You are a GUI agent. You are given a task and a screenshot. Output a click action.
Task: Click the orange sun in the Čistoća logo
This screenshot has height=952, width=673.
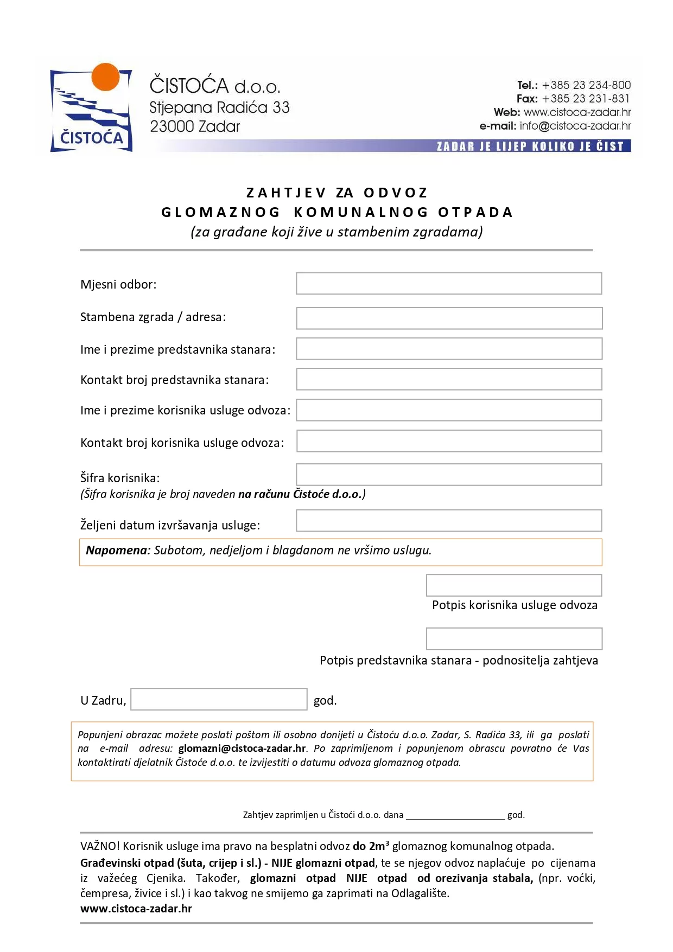tap(105, 76)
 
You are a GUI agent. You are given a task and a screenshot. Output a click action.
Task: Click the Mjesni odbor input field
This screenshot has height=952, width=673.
tap(449, 284)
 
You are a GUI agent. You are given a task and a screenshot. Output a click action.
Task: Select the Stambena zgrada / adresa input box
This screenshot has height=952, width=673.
tap(449, 318)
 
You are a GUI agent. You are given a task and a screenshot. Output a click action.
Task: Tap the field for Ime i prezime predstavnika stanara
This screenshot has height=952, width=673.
tap(449, 349)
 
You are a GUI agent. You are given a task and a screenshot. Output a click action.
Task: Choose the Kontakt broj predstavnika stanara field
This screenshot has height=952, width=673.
tap(449, 379)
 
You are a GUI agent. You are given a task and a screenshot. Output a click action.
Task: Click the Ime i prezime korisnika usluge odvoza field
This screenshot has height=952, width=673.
tap(449, 410)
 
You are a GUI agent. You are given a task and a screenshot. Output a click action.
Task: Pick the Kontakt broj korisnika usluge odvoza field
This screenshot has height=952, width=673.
tap(449, 441)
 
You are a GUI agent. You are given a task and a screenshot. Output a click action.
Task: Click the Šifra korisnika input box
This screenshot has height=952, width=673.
tap(449, 475)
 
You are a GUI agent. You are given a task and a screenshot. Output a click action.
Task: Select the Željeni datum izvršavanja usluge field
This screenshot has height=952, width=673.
tap(449, 521)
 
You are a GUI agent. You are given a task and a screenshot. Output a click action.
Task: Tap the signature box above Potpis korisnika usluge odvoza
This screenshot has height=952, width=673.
tap(514, 585)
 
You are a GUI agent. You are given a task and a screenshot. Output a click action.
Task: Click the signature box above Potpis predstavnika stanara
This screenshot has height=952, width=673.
tap(514, 638)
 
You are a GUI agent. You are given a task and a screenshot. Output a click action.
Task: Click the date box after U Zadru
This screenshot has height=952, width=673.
tap(219, 699)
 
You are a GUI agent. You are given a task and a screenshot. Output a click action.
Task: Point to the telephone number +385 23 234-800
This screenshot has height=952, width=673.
tap(586, 85)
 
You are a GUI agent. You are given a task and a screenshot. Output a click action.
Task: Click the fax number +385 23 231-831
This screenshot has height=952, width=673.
tap(586, 99)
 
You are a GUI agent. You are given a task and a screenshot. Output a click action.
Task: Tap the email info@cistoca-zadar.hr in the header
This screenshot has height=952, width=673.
tap(575, 126)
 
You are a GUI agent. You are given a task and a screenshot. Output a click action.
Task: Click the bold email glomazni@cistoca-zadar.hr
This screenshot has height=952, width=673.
tap(242, 749)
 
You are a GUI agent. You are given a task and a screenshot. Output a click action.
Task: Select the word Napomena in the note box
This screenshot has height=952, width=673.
tap(118, 550)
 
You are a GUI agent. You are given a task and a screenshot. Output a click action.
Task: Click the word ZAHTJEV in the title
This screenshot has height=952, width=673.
tap(286, 193)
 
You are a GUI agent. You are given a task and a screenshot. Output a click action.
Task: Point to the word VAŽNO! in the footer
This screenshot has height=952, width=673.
tap(100, 846)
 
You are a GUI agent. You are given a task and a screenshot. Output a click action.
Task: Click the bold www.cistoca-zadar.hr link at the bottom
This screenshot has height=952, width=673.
tap(136, 909)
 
